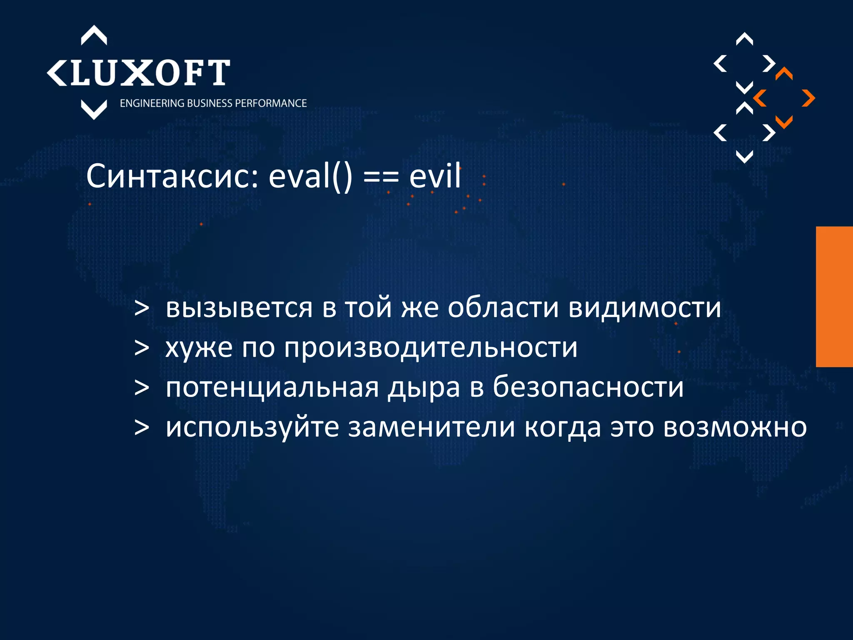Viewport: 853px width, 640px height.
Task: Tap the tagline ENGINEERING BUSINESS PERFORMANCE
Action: point(213,103)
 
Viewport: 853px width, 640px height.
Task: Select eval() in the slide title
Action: point(310,177)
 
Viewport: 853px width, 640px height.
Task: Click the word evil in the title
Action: point(435,177)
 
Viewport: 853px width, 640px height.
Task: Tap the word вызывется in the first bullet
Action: point(239,308)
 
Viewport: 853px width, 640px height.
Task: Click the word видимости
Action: point(645,308)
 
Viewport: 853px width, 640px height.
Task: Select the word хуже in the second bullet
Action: point(199,348)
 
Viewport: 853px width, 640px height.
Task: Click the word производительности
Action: point(431,348)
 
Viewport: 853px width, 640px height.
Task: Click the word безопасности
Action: point(588,387)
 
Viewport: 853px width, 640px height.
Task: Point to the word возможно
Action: point(735,427)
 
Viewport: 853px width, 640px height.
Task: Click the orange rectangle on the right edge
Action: point(834,297)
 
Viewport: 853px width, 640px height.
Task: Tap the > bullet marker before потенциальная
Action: point(142,388)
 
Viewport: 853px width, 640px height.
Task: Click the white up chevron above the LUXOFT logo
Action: point(94,36)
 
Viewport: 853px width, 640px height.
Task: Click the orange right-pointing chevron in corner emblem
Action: point(808,98)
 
